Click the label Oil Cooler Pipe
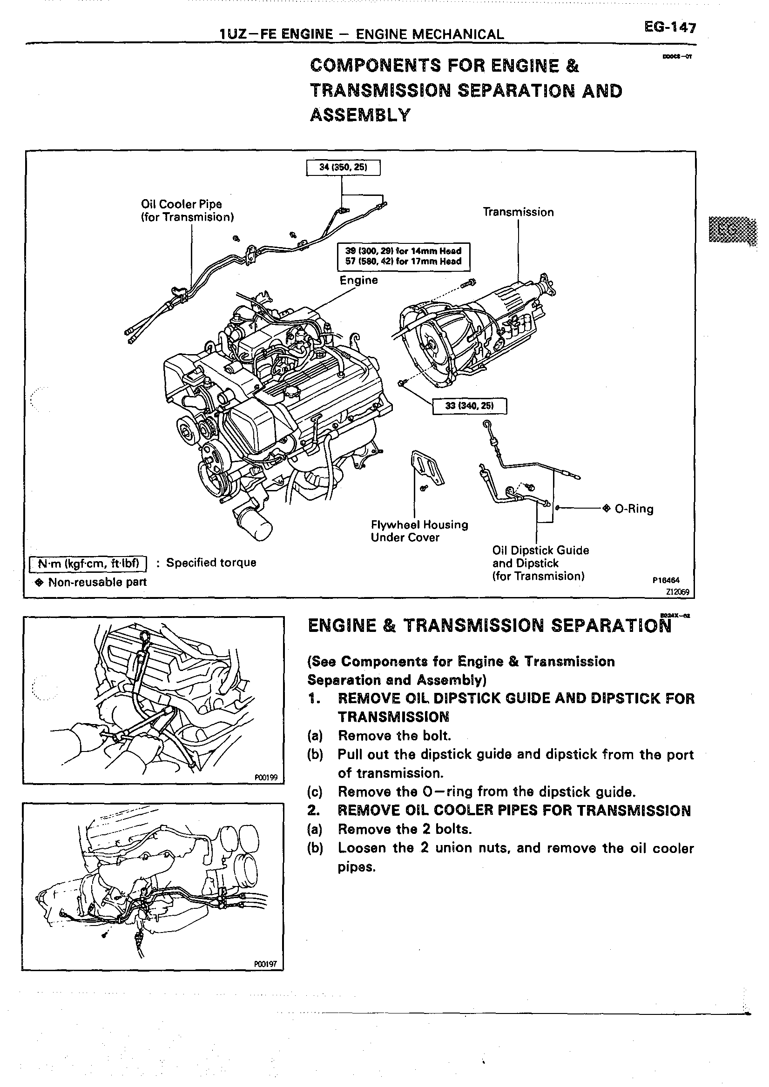182,205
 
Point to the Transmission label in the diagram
518,212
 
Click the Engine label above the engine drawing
358,280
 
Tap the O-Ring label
634,509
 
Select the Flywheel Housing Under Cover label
419,531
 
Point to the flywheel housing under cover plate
427,468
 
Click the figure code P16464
666,580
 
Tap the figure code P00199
266,778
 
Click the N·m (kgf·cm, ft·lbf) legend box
88,563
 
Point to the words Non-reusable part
98,582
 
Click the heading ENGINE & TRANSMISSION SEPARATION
489,626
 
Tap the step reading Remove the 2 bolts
405,830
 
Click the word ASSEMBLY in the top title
360,115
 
